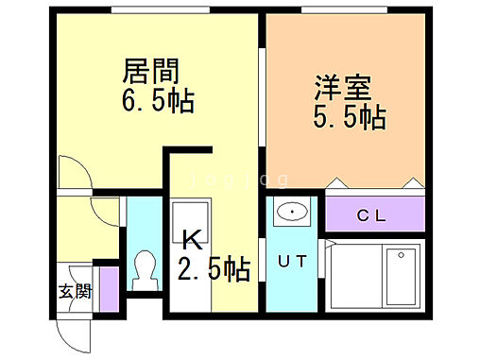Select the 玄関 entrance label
(x=76, y=292)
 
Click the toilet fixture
(x=146, y=269)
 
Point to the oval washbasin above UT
(x=294, y=213)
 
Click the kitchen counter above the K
(x=189, y=214)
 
